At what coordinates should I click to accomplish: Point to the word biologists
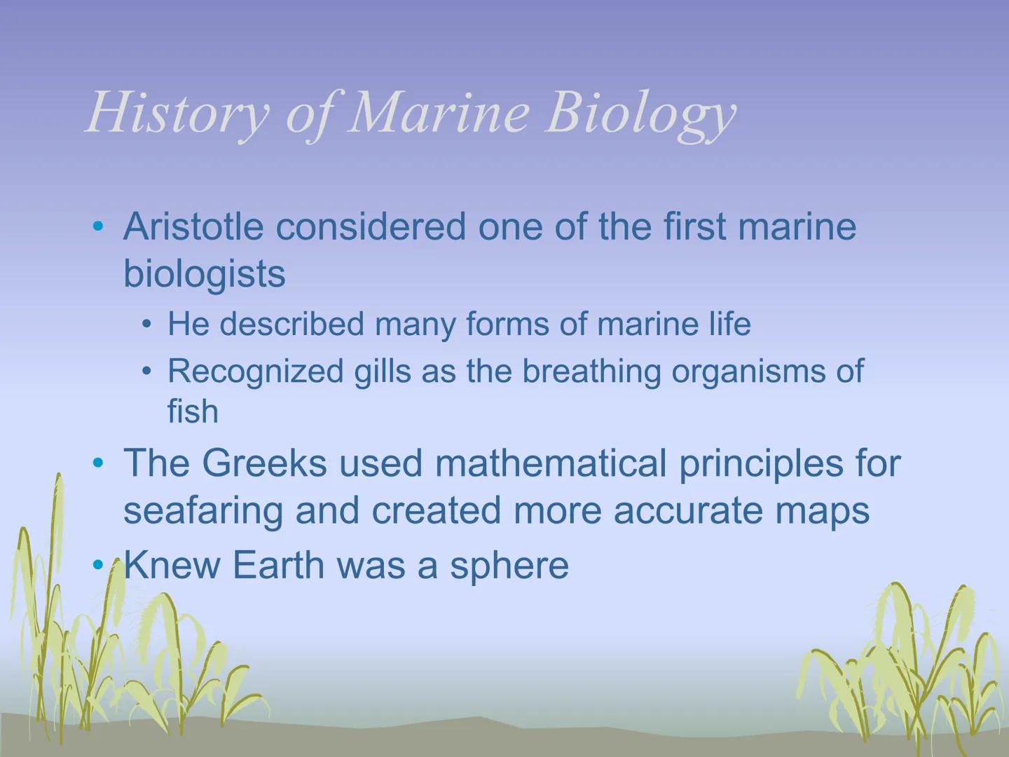(205, 273)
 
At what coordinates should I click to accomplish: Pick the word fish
(193, 411)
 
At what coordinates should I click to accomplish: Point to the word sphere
(509, 565)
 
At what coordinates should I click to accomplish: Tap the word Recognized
(255, 371)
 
